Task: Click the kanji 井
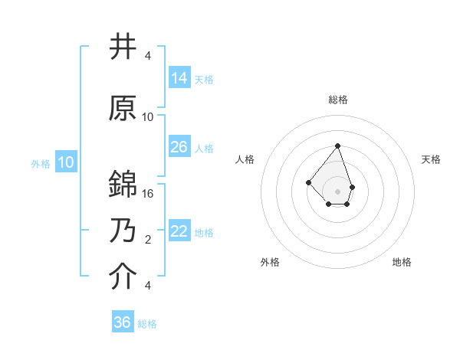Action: (123, 47)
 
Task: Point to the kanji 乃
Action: (123, 231)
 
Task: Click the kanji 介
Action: (123, 277)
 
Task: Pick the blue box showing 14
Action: (179, 78)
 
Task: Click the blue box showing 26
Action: (179, 147)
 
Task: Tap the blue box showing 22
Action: (179, 231)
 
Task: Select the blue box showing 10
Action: (66, 162)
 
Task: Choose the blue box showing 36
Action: (123, 322)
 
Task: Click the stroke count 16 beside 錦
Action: (148, 194)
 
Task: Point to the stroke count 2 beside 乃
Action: (148, 240)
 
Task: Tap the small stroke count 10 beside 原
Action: (148, 117)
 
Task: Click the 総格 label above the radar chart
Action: (337, 100)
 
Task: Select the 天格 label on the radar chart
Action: (431, 159)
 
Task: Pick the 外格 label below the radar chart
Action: (270, 262)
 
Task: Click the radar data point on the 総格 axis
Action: (337, 146)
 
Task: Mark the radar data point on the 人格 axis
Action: (308, 182)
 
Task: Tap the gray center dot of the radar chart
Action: (337, 191)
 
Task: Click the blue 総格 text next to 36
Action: (147, 324)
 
